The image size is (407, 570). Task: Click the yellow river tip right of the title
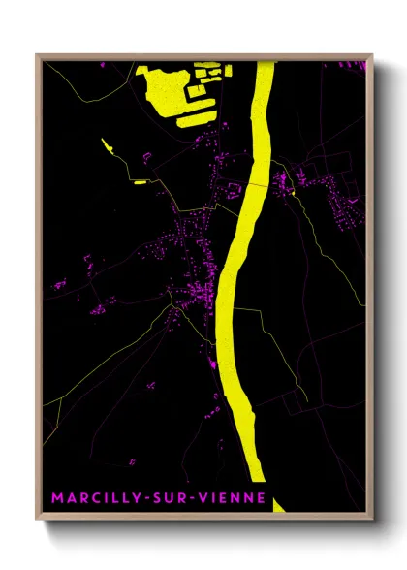[279, 504]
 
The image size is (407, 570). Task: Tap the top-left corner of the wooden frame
[38, 56]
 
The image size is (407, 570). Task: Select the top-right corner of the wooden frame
[370, 56]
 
